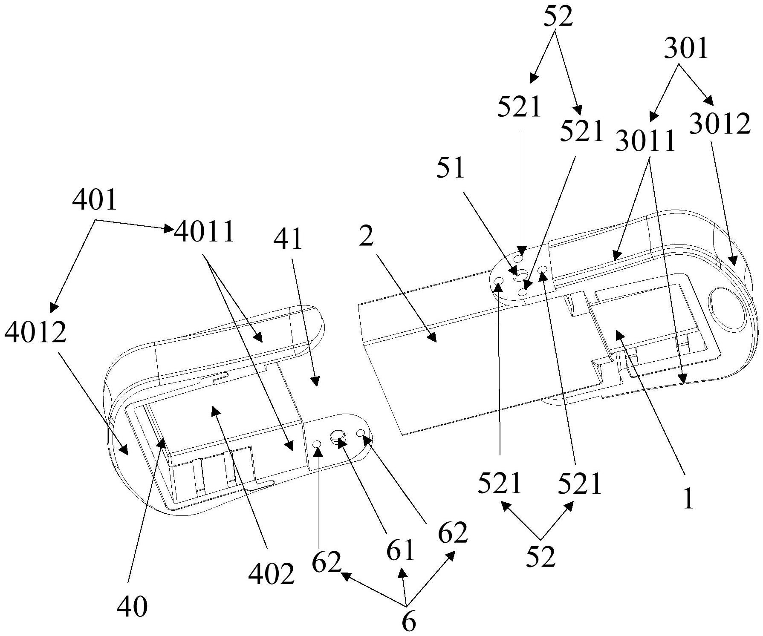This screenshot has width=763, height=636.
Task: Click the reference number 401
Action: [x=95, y=199]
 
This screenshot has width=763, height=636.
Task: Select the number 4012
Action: [x=36, y=332]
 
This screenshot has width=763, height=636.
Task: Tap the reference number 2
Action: [x=366, y=236]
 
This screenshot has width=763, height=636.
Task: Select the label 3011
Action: [x=645, y=141]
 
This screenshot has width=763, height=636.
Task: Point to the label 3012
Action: [x=720, y=124]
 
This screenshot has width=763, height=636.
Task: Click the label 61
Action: [x=401, y=550]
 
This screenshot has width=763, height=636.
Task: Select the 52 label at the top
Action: [x=558, y=17]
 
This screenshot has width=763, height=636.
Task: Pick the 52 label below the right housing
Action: [x=541, y=556]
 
